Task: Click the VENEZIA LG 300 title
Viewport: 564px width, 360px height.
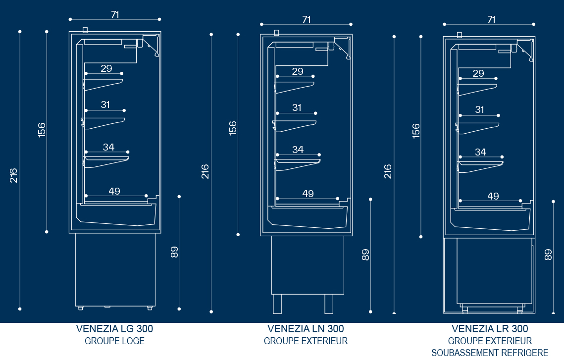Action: tap(114, 329)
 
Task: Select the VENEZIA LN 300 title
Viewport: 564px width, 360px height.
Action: tap(306, 329)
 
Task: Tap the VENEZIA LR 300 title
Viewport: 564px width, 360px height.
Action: tap(490, 329)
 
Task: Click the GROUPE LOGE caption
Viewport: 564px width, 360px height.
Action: tap(114, 341)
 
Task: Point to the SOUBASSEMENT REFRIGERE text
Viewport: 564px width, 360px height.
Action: tap(490, 353)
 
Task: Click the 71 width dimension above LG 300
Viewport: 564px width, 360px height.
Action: tap(115, 14)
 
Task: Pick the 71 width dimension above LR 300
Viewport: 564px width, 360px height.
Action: tap(491, 19)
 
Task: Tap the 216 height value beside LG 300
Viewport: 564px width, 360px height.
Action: tap(14, 175)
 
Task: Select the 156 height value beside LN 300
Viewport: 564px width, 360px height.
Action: tap(233, 128)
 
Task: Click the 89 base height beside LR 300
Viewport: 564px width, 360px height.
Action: tap(548, 255)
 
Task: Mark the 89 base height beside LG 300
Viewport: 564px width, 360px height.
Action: tap(174, 252)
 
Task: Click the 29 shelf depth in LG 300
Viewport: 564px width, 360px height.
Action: tap(106, 68)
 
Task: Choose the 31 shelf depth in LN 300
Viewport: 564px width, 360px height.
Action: tap(297, 107)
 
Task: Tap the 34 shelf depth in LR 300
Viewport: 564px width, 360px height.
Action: tap(480, 152)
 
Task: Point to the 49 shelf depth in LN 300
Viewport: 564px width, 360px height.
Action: tap(308, 194)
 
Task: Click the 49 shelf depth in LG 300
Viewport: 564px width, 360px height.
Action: tap(114, 191)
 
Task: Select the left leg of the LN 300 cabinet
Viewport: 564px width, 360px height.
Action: tap(277, 304)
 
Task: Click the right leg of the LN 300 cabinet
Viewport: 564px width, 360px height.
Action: tap(329, 304)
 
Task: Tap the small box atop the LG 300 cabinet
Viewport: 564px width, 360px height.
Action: tap(85, 30)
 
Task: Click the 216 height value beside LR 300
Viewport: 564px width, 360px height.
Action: tap(388, 171)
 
